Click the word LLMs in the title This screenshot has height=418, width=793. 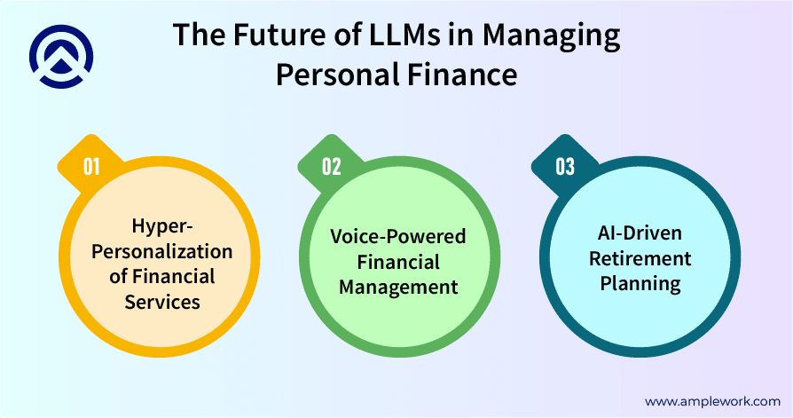[x=388, y=36]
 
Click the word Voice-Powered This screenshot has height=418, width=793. [x=397, y=237]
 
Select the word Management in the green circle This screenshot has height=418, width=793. [x=397, y=287]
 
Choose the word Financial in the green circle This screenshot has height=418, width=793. [x=397, y=262]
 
